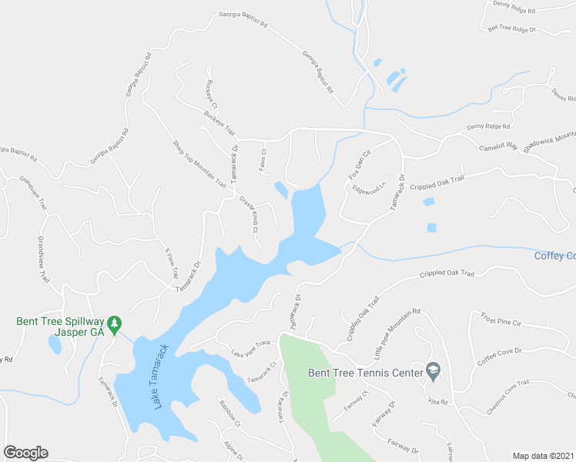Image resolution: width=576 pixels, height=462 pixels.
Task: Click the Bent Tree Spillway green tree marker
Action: coord(114,321)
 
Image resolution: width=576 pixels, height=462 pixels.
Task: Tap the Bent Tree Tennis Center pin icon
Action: coord(433,373)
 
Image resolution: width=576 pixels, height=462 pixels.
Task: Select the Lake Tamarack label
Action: coord(161,376)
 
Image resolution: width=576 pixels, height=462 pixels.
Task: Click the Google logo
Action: coord(25,453)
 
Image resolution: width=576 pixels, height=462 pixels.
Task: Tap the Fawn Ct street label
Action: coord(262,158)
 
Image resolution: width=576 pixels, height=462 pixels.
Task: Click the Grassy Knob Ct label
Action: coord(249,213)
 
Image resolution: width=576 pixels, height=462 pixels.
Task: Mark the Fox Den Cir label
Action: coord(360,164)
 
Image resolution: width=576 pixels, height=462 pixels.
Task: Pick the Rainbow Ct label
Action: coord(229,413)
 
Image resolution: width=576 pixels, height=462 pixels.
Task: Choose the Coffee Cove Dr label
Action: coord(499,356)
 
